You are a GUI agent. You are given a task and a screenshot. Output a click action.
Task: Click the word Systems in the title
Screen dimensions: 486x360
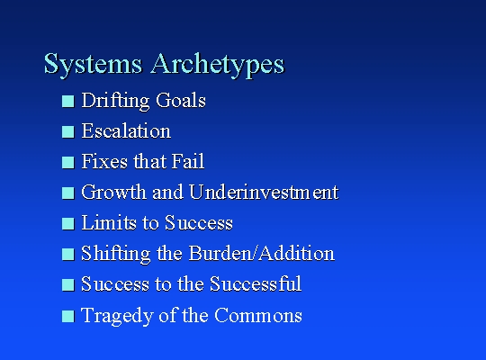(x=93, y=64)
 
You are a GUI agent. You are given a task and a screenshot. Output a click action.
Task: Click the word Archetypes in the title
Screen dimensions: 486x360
(x=218, y=64)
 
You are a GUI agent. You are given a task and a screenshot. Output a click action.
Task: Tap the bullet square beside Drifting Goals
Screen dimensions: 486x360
(x=68, y=101)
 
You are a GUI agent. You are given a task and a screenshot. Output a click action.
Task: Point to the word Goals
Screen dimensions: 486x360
(x=181, y=100)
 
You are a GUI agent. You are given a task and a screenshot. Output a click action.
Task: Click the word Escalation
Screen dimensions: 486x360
(x=126, y=130)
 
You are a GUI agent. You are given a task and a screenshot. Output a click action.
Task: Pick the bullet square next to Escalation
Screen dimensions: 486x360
(x=68, y=131)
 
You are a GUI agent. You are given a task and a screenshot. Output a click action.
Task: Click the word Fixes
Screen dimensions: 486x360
(x=104, y=161)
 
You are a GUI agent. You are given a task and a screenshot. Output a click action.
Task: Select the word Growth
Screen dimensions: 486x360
(x=114, y=192)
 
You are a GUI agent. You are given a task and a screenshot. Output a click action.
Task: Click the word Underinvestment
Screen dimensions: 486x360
(x=264, y=192)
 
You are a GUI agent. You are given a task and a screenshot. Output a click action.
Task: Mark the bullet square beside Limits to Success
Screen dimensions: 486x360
(x=68, y=223)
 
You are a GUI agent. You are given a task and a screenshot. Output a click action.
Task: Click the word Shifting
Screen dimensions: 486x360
(x=116, y=254)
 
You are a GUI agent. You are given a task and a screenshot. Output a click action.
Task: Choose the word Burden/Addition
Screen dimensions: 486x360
(x=261, y=253)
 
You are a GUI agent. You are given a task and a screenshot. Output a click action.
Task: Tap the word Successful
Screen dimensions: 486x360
(x=256, y=283)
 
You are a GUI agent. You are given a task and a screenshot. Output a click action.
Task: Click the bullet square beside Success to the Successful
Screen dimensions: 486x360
(x=68, y=284)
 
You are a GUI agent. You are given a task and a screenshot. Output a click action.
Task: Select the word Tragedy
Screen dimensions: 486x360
(x=117, y=316)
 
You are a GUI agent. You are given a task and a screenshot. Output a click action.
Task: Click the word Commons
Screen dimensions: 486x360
(x=258, y=315)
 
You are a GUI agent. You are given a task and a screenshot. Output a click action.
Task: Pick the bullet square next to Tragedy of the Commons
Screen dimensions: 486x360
(x=68, y=316)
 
